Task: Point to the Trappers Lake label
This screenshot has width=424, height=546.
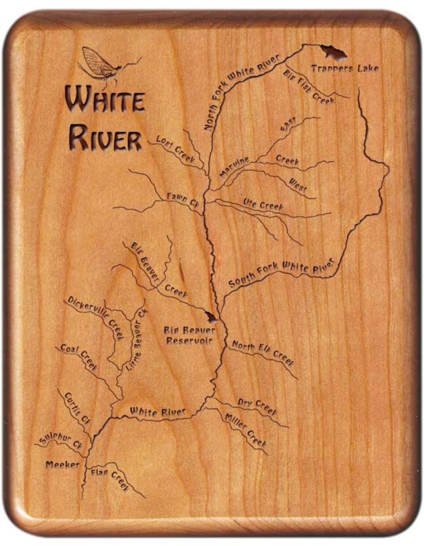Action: coord(345,69)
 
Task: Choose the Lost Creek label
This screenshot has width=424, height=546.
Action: coord(175,149)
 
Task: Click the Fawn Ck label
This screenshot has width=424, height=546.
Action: coord(183,199)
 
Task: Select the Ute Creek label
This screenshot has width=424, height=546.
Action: coord(263,205)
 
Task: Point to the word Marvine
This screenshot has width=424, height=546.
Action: coord(234,168)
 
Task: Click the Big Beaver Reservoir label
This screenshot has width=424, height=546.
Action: coord(189,336)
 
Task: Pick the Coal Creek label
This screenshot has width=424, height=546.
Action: coord(79,357)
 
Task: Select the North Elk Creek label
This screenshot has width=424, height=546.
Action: coord(263,352)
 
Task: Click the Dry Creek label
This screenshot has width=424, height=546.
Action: coord(257,407)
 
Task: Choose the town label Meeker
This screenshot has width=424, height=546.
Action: coord(62,465)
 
